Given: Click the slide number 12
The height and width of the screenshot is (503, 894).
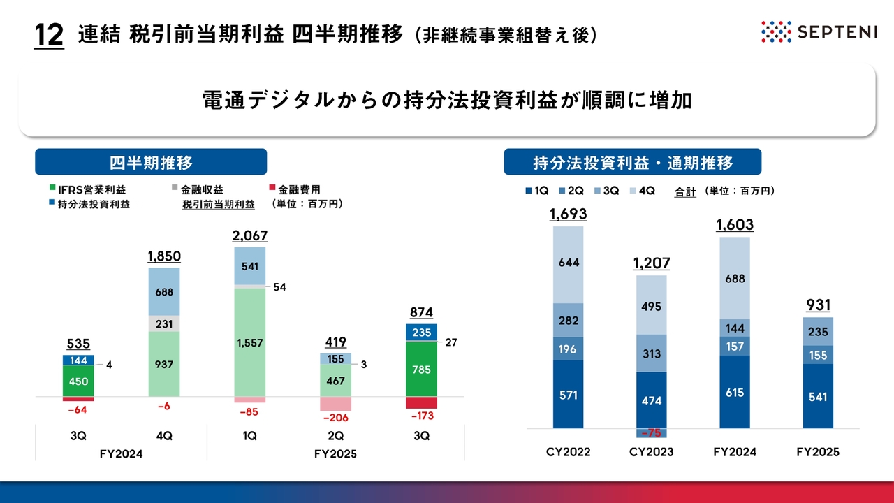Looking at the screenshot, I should click(49, 35).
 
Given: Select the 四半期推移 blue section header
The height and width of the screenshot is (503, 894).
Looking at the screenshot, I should click(151, 162).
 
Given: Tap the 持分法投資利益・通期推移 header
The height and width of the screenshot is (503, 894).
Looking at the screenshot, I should click(633, 163).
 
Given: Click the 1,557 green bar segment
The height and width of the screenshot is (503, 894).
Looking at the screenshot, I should click(249, 342).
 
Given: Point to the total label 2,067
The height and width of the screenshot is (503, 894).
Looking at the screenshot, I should click(249, 236).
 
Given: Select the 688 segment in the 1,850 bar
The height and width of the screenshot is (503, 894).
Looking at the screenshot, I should click(164, 292).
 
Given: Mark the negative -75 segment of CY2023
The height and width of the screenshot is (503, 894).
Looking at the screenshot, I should click(651, 432).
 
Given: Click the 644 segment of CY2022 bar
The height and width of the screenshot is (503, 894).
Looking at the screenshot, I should click(568, 263).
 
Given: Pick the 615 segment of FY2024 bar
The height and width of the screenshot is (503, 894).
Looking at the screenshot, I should click(734, 392).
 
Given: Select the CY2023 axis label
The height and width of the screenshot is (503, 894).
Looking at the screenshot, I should click(651, 452).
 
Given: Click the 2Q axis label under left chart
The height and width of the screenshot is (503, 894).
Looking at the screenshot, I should click(335, 435).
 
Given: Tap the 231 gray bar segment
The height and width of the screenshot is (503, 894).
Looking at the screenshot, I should click(164, 323).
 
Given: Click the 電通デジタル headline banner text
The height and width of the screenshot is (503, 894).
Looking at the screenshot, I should click(447, 101).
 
